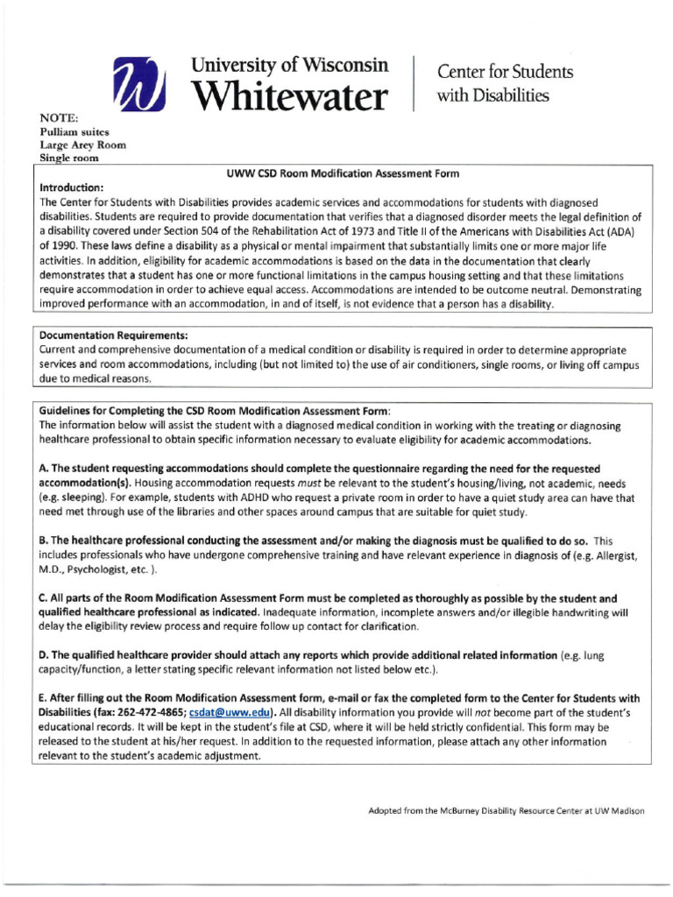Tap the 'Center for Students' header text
pos(492,72)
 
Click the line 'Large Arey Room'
pos(82,145)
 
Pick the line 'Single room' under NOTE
pos(69,159)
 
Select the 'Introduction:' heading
pos(73,187)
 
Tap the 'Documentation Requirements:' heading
pos(114,335)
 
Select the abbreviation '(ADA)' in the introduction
pos(626,231)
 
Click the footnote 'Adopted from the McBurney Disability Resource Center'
pos(507,810)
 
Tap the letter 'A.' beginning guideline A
pos(45,470)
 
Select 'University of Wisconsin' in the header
pos(288,67)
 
